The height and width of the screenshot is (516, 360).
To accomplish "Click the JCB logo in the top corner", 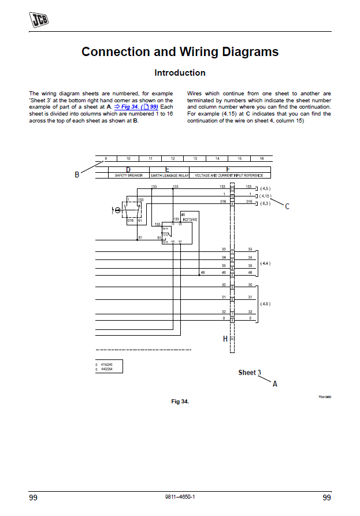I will coord(39,20).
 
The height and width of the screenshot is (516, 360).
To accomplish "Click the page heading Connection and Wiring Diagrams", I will coord(180,51).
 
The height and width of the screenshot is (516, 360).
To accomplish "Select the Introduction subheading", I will coord(180,73).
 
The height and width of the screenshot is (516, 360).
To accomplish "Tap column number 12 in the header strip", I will coord(172,158).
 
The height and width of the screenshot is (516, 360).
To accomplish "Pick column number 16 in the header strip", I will coord(261,158).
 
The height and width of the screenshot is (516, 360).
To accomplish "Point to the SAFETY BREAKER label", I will coord(128,175).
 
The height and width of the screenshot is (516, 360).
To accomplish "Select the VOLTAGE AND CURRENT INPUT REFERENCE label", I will coord(229,175).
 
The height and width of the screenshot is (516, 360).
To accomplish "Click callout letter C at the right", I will coord(287,206).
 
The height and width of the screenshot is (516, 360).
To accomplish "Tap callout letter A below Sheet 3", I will coord(274,384).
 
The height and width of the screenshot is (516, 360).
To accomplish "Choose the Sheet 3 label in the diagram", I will coord(250,373).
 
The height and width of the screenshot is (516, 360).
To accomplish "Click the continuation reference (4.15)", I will coord(265,196).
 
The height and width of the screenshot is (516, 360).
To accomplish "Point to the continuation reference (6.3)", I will coord(265,203).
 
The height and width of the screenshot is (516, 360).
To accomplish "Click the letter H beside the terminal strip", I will coord(225,339).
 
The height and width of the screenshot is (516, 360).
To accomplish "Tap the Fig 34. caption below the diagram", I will coord(180,401).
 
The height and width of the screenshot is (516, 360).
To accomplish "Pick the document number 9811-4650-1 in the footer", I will coord(180,498).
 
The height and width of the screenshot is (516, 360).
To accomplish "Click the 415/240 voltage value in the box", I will coord(106,365).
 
